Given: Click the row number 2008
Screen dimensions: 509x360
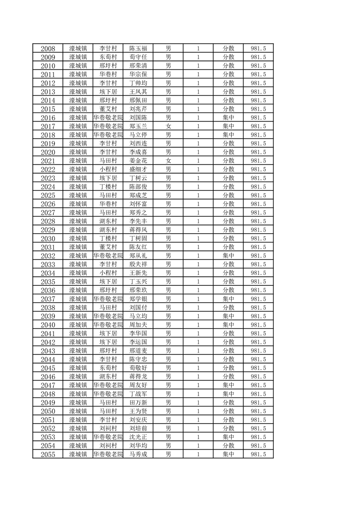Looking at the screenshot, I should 48,49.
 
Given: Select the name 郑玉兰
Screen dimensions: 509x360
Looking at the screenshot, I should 138,126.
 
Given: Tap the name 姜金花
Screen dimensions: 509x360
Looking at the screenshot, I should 138,161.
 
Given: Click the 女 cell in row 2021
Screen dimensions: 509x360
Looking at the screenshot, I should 168,161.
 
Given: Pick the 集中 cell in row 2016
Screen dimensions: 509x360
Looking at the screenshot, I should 228,117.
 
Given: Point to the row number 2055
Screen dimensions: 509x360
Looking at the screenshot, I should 48,454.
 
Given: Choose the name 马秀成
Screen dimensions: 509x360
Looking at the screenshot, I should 138,454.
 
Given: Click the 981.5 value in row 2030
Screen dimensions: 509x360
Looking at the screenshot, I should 258,239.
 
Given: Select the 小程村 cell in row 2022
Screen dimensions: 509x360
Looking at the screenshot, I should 108,169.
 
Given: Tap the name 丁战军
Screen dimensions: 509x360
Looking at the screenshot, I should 138,394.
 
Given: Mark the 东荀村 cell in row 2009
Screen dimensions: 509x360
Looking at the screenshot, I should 108,57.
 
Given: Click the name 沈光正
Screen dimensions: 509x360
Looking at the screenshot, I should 138,437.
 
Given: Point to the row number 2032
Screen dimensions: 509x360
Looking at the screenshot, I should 48,256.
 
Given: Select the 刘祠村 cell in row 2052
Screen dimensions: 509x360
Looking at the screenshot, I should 108,428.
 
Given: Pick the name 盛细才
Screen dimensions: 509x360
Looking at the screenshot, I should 138,169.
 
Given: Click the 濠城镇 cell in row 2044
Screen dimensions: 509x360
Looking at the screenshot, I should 78,359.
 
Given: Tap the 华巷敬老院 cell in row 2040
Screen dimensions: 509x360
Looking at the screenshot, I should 108,325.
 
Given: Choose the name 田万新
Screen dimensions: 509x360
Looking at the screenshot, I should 138,402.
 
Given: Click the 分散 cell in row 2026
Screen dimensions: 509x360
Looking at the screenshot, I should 228,204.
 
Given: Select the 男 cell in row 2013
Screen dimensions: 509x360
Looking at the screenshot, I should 168,92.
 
